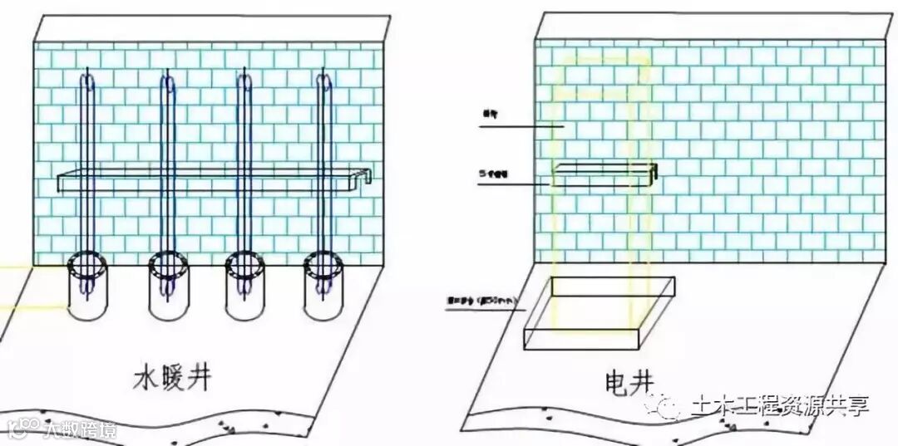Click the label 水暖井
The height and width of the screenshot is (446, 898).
click(172, 378)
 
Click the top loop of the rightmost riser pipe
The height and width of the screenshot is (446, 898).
click(326, 81)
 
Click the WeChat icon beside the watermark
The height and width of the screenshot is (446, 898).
click(669, 406)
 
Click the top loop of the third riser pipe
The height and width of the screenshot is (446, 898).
click(245, 81)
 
